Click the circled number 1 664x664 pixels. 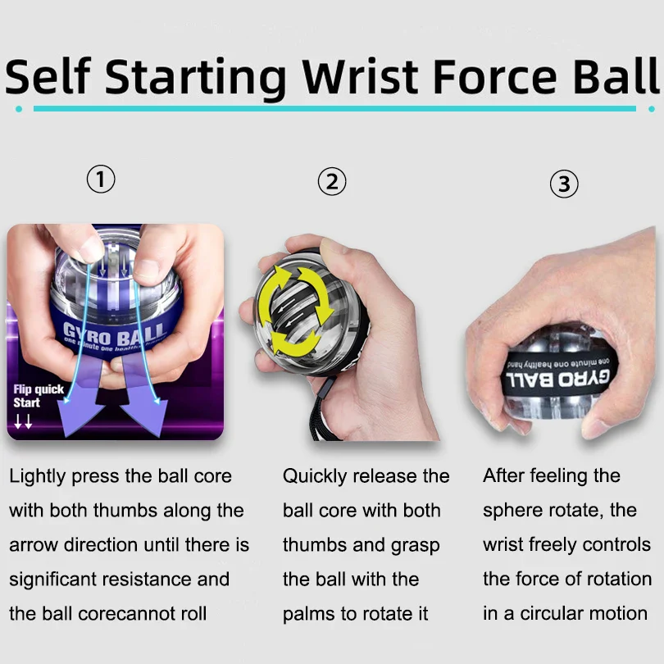(101, 179)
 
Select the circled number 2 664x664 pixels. (331, 181)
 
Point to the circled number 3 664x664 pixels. (564, 184)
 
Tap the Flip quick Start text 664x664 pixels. (37, 397)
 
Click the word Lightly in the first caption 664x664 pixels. (38, 476)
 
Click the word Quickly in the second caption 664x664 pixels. (314, 476)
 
